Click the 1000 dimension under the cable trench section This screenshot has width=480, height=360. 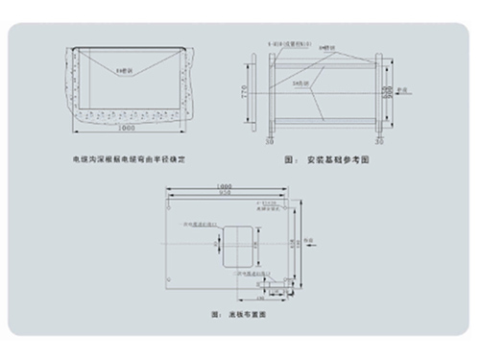click(124, 128)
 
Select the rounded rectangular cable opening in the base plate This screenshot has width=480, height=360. click(236, 246)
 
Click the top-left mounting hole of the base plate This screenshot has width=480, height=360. click(172, 203)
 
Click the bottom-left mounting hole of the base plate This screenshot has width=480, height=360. click(172, 285)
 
